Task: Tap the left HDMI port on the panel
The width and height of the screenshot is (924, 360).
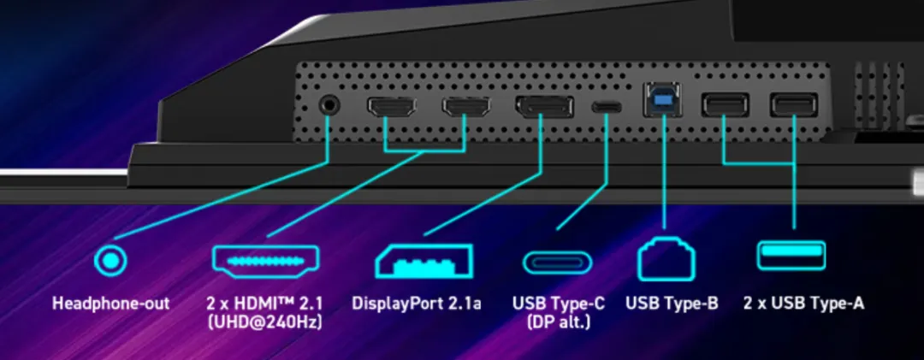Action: click(x=391, y=107)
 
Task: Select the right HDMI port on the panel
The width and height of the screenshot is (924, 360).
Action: click(x=465, y=107)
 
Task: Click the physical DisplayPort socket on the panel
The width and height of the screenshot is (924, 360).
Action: click(x=544, y=108)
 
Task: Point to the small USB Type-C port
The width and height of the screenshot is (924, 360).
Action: click(x=609, y=108)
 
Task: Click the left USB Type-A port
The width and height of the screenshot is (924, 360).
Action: click(x=725, y=104)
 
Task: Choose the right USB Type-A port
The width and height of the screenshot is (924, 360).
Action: click(x=793, y=104)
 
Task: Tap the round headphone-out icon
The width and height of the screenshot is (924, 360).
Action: click(x=110, y=259)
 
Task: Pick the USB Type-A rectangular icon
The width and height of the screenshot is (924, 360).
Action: click(x=791, y=255)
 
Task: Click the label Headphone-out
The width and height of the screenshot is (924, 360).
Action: click(x=111, y=304)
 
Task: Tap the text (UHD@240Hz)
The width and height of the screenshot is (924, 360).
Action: click(x=265, y=322)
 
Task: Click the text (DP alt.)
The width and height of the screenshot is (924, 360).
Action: click(x=557, y=322)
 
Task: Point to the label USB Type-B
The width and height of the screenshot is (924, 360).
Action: click(x=672, y=304)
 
